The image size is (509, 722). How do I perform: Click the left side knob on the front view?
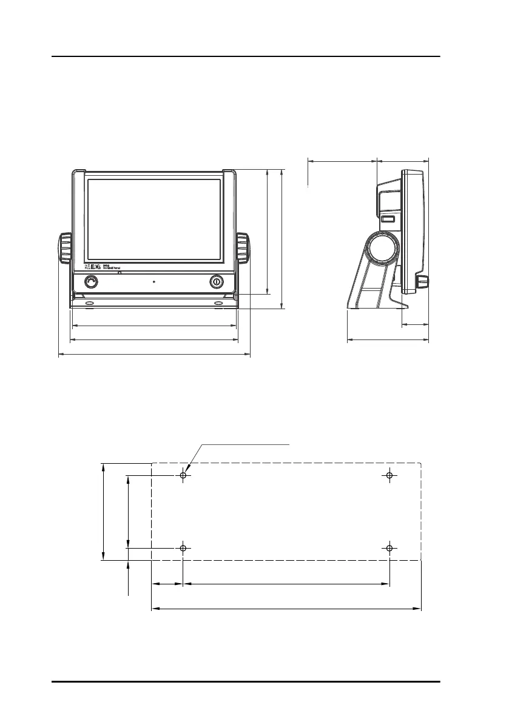[x=65, y=248]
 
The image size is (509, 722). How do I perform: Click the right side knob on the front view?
[x=243, y=248]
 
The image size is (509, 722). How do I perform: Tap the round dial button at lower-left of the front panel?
[x=91, y=282]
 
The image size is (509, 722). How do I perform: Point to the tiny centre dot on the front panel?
[x=154, y=282]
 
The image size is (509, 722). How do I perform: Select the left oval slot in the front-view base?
[x=89, y=303]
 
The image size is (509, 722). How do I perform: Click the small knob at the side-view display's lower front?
[x=421, y=282]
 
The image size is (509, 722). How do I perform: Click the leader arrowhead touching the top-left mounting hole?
[x=189, y=469]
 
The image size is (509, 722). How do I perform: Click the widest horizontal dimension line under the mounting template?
[x=286, y=607]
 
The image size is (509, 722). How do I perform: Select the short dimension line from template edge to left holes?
[x=167, y=584]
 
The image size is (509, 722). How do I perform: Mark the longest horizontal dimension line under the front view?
[x=154, y=356]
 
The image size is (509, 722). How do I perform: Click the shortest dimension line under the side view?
[x=416, y=326]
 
